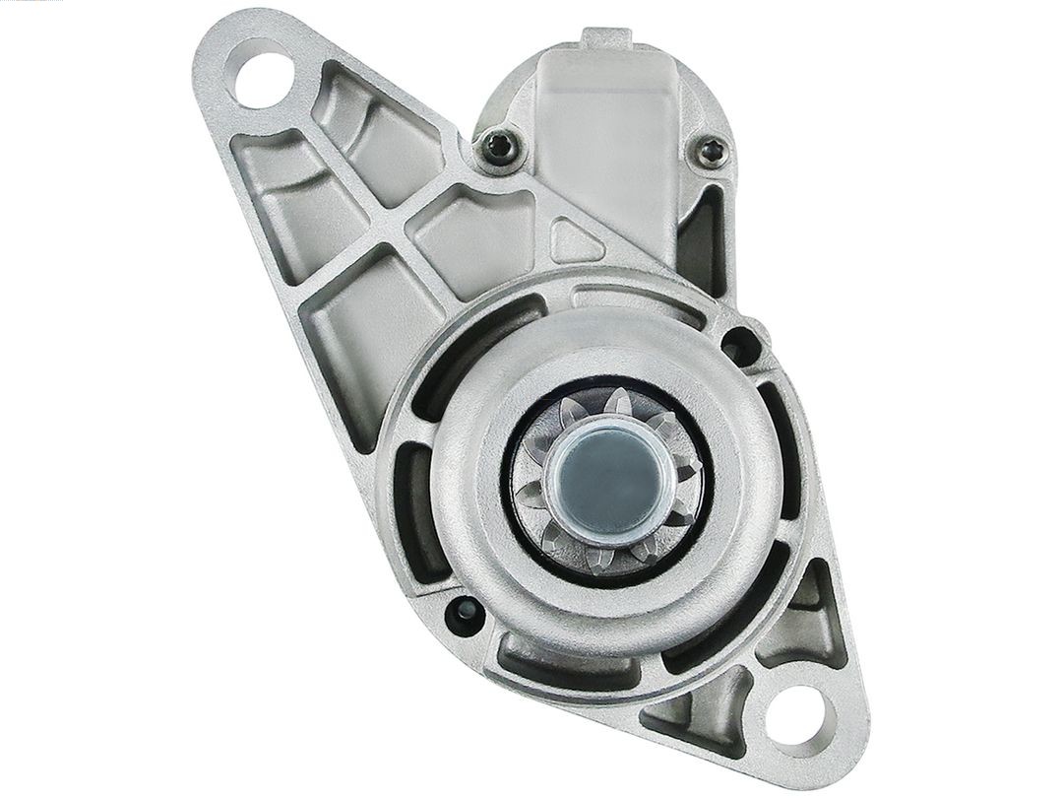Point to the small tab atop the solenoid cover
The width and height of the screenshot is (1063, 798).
(607, 38)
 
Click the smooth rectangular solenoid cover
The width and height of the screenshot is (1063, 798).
(607, 138)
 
